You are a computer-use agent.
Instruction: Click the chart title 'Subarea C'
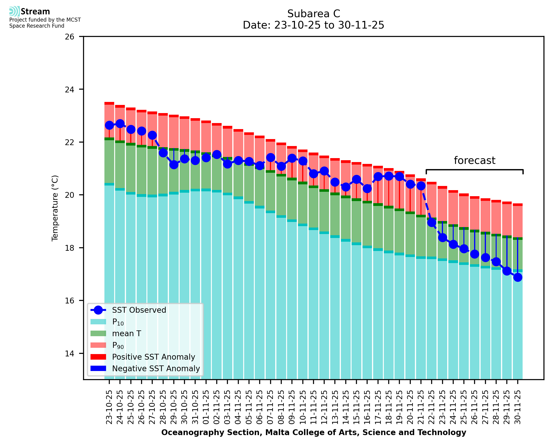pyautogui.click(x=314, y=14)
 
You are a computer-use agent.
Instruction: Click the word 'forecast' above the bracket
pyautogui.click(x=474, y=161)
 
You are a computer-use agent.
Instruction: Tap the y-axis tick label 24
pyautogui.click(x=69, y=90)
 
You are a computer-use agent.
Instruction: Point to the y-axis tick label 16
pyautogui.click(x=69, y=301)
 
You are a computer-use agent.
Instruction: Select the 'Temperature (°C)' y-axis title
pyautogui.click(x=55, y=208)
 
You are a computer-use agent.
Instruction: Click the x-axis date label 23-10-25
pyautogui.click(x=109, y=407)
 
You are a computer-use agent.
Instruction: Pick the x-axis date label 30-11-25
pyautogui.click(x=517, y=407)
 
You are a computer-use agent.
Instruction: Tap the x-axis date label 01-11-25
pyautogui.click(x=206, y=407)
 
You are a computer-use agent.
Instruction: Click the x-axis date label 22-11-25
pyautogui.click(x=432, y=407)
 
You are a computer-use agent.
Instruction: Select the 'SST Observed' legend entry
pyautogui.click(x=139, y=310)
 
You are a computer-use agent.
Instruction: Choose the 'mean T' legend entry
pyautogui.click(x=126, y=333)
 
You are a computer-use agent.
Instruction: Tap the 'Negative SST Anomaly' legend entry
pyautogui.click(x=156, y=368)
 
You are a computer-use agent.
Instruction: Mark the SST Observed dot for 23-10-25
pyautogui.click(x=109, y=125)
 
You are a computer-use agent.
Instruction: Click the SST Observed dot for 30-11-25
pyautogui.click(x=517, y=277)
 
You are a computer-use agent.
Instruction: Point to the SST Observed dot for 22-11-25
pyautogui.click(x=432, y=222)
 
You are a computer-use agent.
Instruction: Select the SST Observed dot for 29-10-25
pyautogui.click(x=174, y=165)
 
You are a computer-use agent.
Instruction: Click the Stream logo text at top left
pyautogui.click(x=35, y=12)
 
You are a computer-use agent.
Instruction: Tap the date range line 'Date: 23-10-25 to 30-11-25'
pyautogui.click(x=314, y=25)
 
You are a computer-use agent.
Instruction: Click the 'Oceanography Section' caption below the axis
pyautogui.click(x=314, y=432)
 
